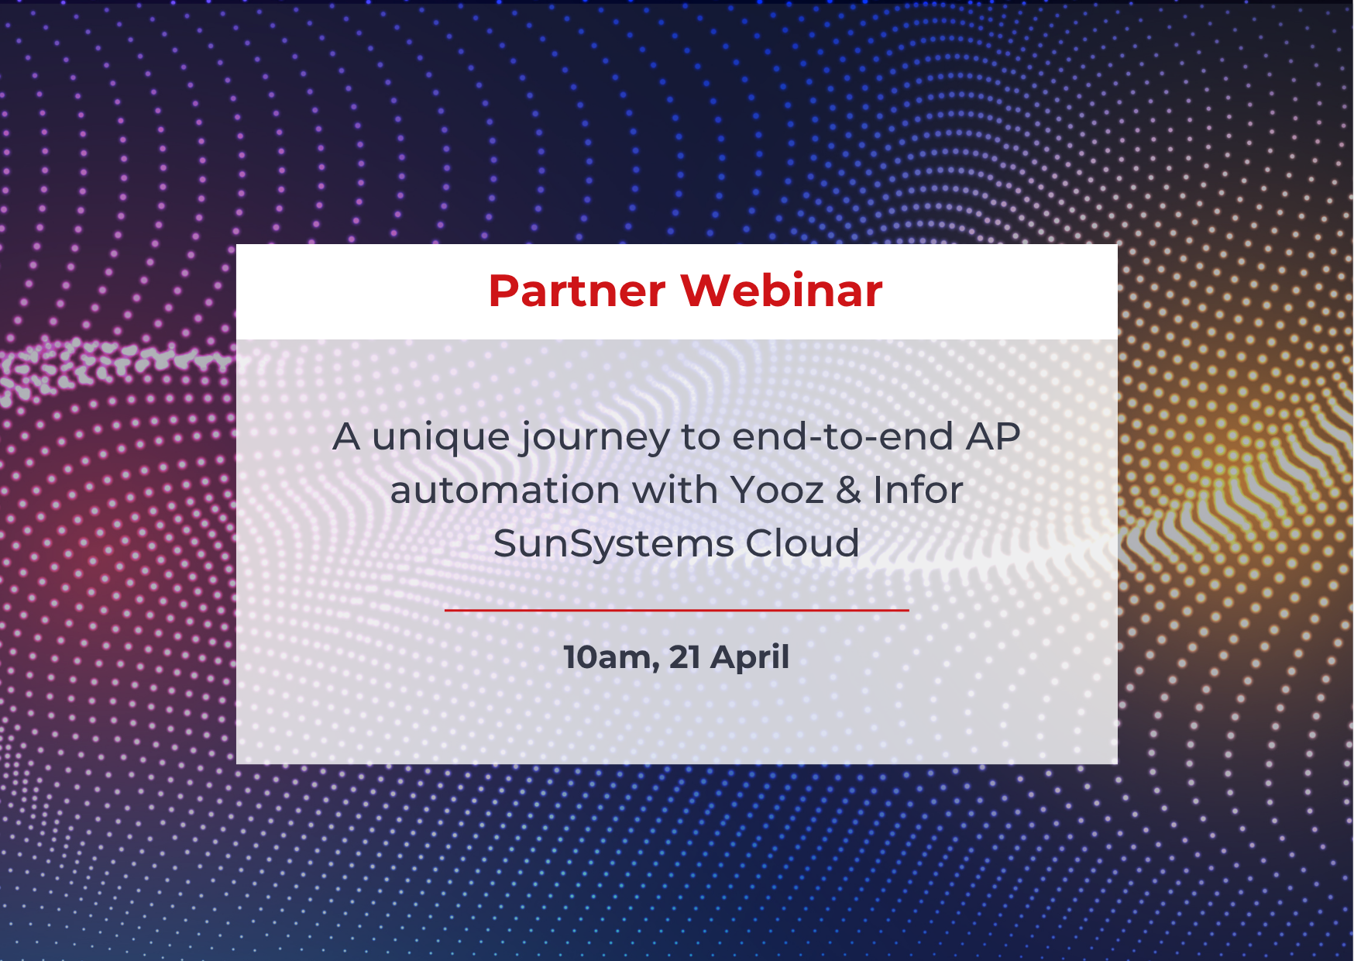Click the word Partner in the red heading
point(577,291)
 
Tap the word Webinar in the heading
point(782,291)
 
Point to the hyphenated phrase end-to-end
point(843,436)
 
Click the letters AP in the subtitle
point(993,436)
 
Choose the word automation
point(505,490)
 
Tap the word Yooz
point(777,490)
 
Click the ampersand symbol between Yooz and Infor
point(849,491)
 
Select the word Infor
point(918,490)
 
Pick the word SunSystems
point(614,544)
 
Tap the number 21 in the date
point(685,657)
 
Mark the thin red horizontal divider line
point(676,610)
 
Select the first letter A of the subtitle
point(347,437)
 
